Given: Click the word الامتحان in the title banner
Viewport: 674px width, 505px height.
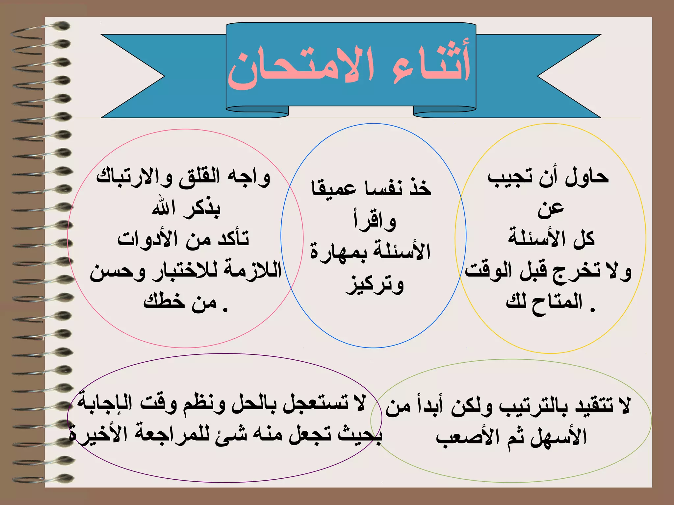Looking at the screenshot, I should (301, 67).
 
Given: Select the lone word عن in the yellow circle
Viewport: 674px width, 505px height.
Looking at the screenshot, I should (551, 209).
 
